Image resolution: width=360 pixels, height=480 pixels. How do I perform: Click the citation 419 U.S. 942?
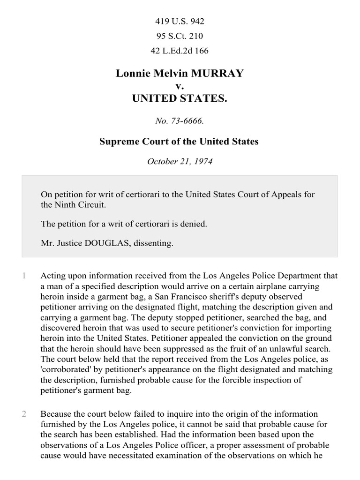(180, 22)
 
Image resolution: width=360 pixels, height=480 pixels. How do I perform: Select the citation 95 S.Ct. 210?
(180, 36)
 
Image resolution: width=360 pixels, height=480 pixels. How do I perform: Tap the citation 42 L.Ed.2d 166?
(180, 51)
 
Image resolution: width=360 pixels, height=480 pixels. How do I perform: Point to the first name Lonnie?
(132, 74)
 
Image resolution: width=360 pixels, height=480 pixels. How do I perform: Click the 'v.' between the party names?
(180, 86)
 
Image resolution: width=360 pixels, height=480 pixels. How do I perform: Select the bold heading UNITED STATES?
(180, 98)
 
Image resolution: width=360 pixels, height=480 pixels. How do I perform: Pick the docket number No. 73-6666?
(180, 121)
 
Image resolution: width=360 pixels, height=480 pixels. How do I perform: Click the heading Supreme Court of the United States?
(180, 141)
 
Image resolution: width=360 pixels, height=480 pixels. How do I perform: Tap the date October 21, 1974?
(180, 161)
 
